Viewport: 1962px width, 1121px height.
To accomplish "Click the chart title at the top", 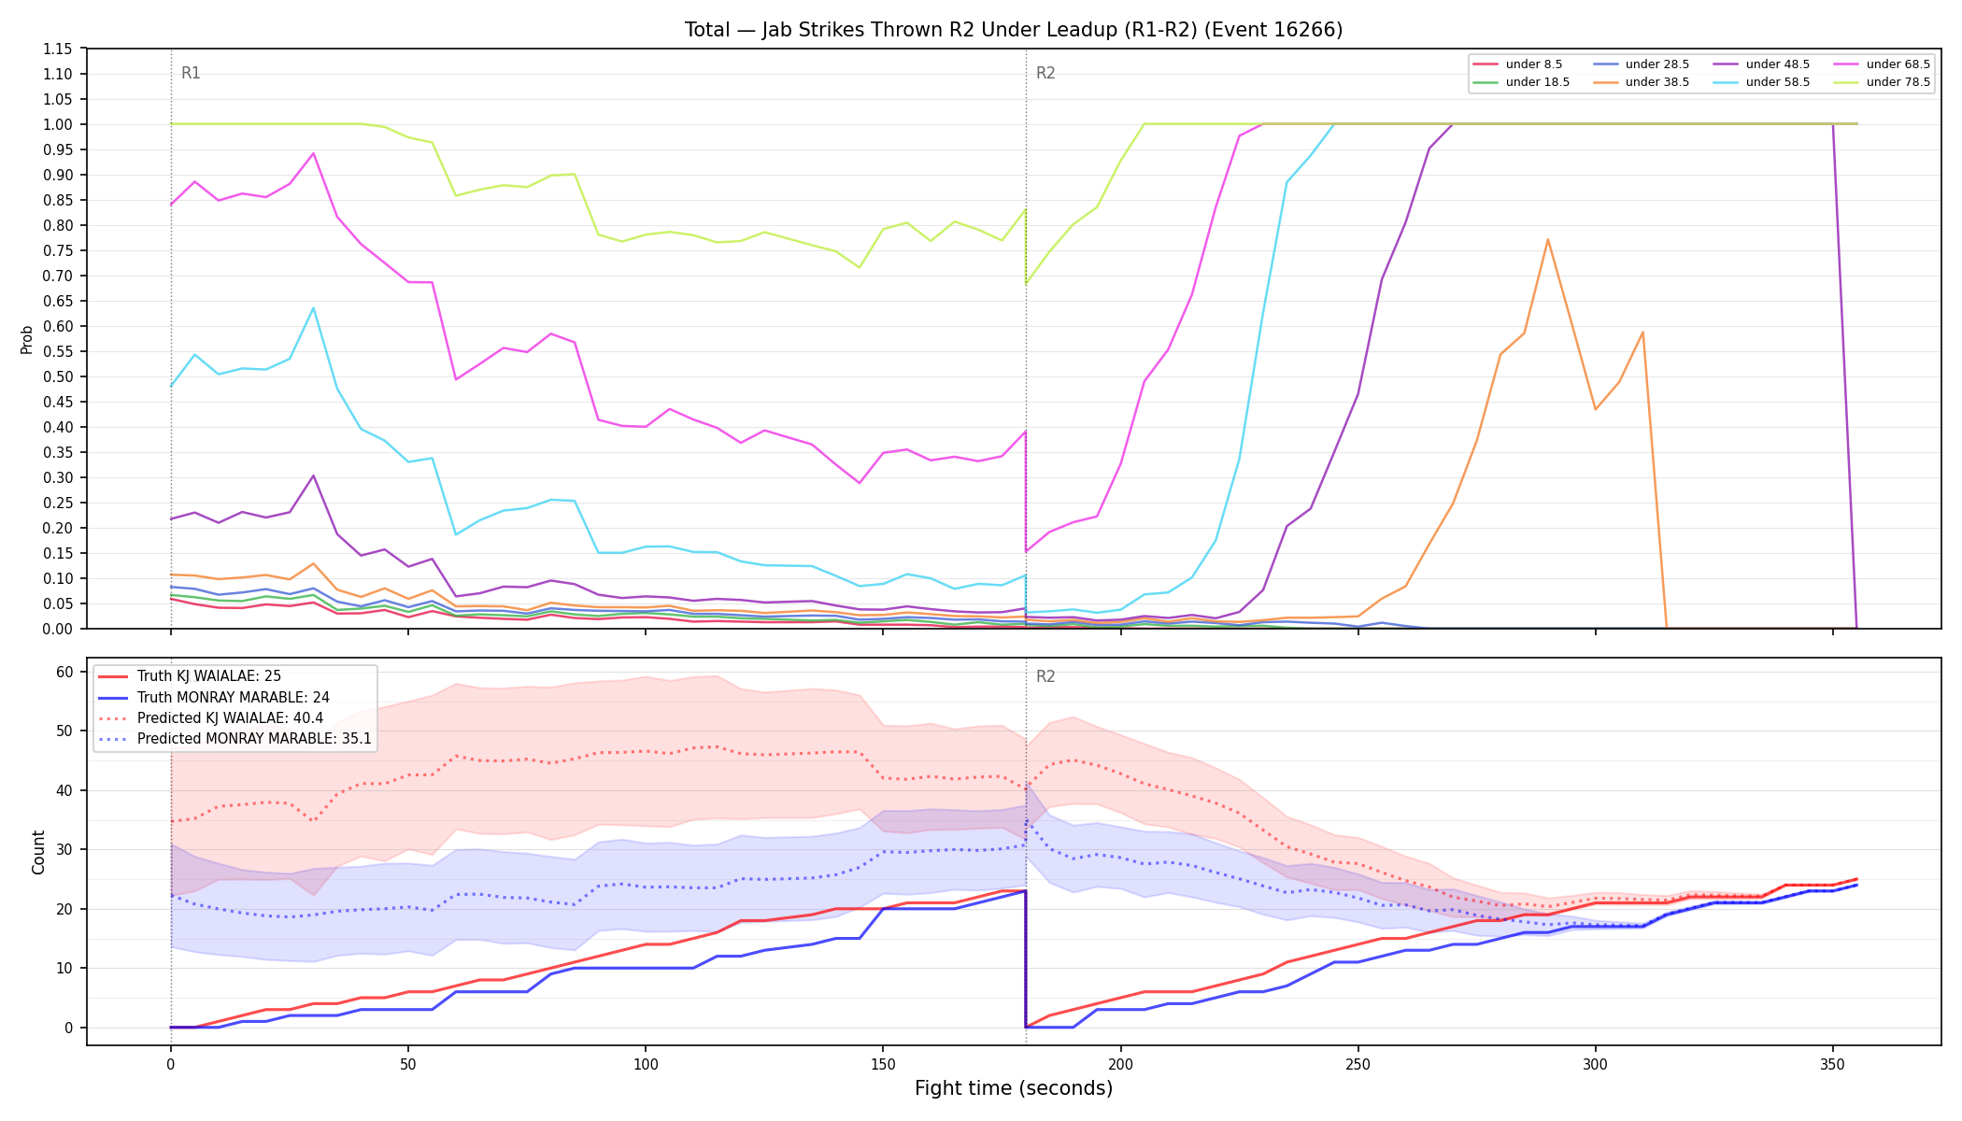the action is pyautogui.click(x=1014, y=30).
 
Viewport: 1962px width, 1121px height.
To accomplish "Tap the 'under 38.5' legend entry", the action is pyautogui.click(x=1641, y=82).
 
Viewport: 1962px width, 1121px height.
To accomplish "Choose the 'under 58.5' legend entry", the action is pyautogui.click(x=1761, y=82).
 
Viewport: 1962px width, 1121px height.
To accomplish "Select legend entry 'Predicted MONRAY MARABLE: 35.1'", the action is pyautogui.click(x=235, y=739).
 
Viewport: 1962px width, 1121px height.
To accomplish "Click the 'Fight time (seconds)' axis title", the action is pyautogui.click(x=1014, y=1088).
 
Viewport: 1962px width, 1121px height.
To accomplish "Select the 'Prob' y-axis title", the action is pyautogui.click(x=27, y=339).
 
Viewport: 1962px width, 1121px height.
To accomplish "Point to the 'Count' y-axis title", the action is pyautogui.click(x=38, y=852).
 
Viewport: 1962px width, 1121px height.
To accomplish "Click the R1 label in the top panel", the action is pyautogui.click(x=191, y=73).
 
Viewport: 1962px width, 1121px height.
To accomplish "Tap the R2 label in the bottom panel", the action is pyautogui.click(x=1045, y=676).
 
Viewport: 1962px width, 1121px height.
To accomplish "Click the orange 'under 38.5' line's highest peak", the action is pyautogui.click(x=1548, y=239).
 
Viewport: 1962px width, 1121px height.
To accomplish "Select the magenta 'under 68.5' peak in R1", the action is pyautogui.click(x=313, y=153).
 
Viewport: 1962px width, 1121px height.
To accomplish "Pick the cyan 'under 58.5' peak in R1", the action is pyautogui.click(x=313, y=308).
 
